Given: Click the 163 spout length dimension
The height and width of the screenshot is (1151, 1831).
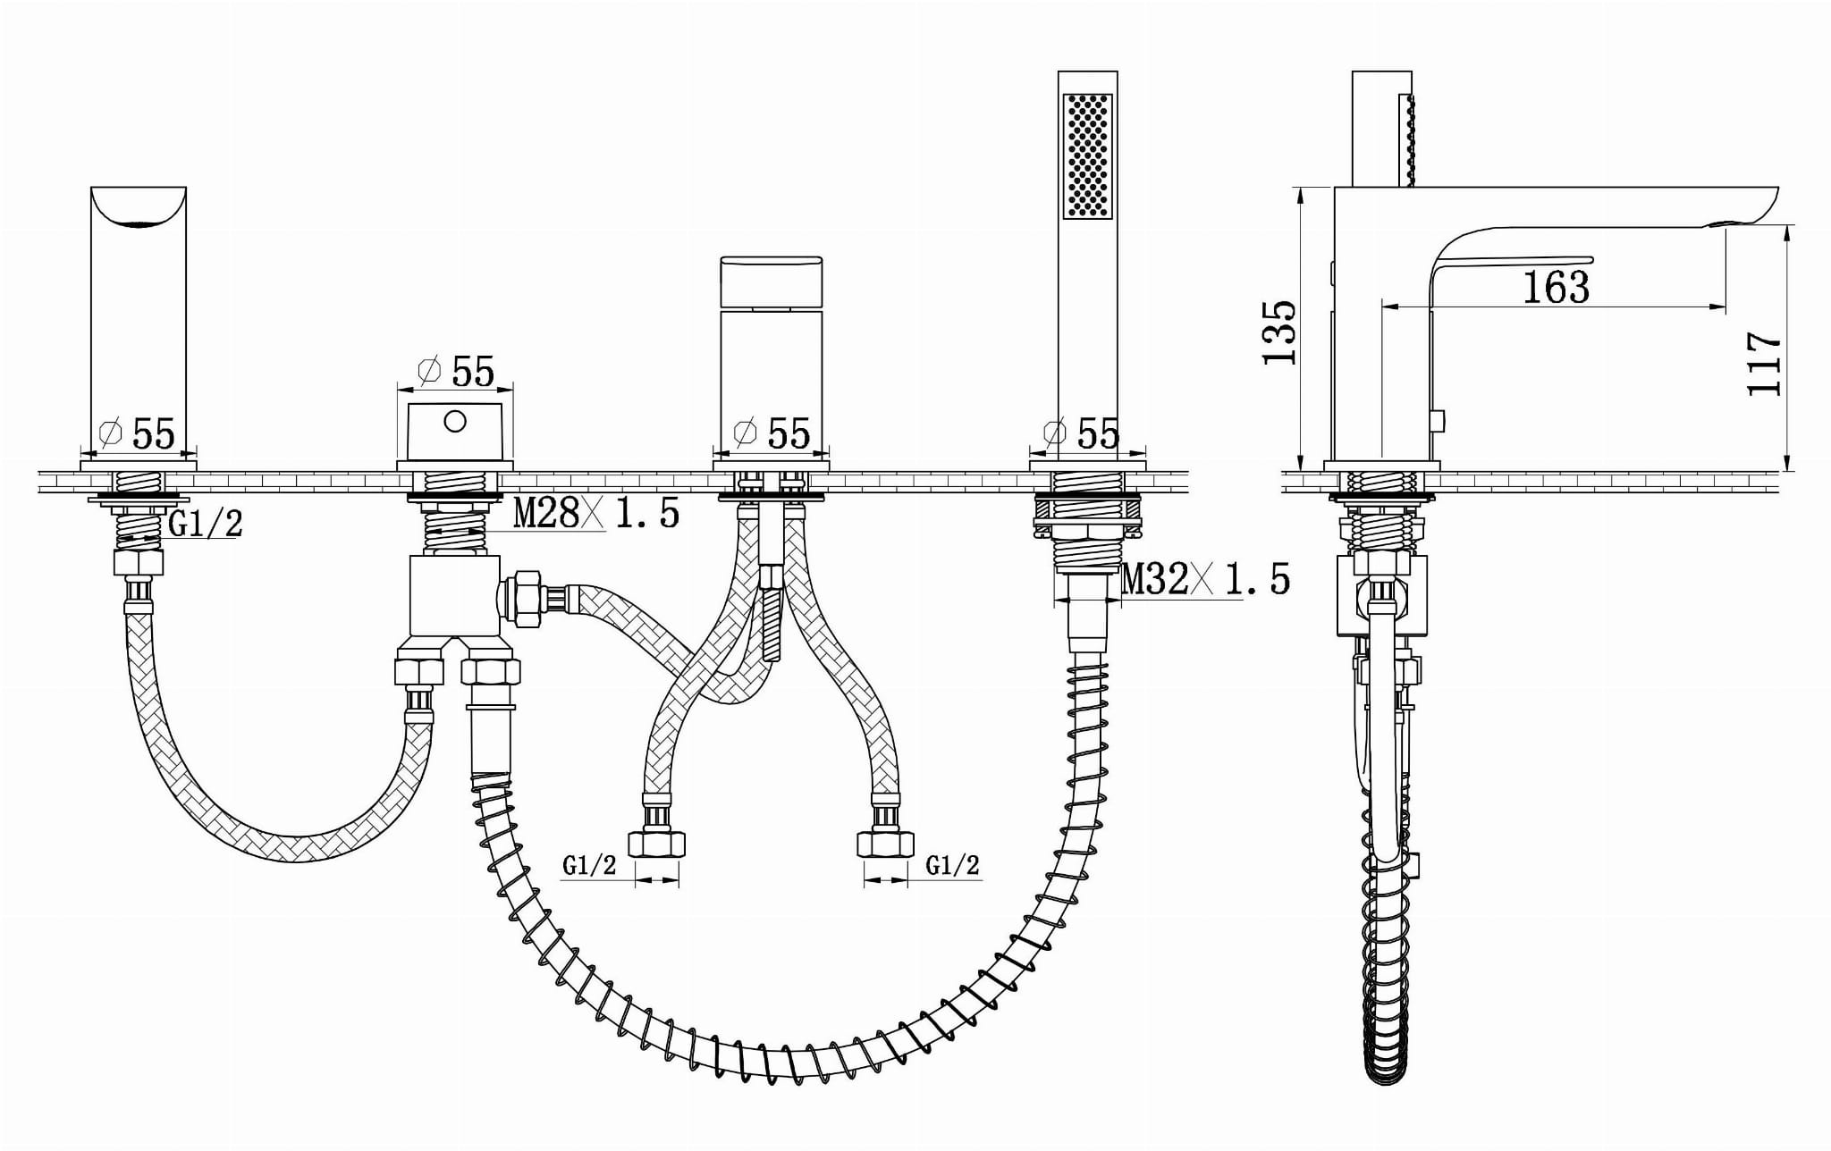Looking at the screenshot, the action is pyautogui.click(x=1556, y=287).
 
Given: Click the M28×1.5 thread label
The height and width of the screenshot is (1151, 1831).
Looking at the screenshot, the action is pyautogui.click(x=596, y=512).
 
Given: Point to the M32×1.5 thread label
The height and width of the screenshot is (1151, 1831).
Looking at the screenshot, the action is pyautogui.click(x=1206, y=580).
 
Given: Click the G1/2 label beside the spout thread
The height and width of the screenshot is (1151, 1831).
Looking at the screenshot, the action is pyautogui.click(x=206, y=525).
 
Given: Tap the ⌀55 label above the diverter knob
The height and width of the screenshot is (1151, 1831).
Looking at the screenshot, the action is pyautogui.click(x=456, y=371).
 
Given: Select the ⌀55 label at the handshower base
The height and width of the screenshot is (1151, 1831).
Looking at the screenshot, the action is pyautogui.click(x=1081, y=433).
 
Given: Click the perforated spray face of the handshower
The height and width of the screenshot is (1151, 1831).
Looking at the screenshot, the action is pyautogui.click(x=1088, y=155).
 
